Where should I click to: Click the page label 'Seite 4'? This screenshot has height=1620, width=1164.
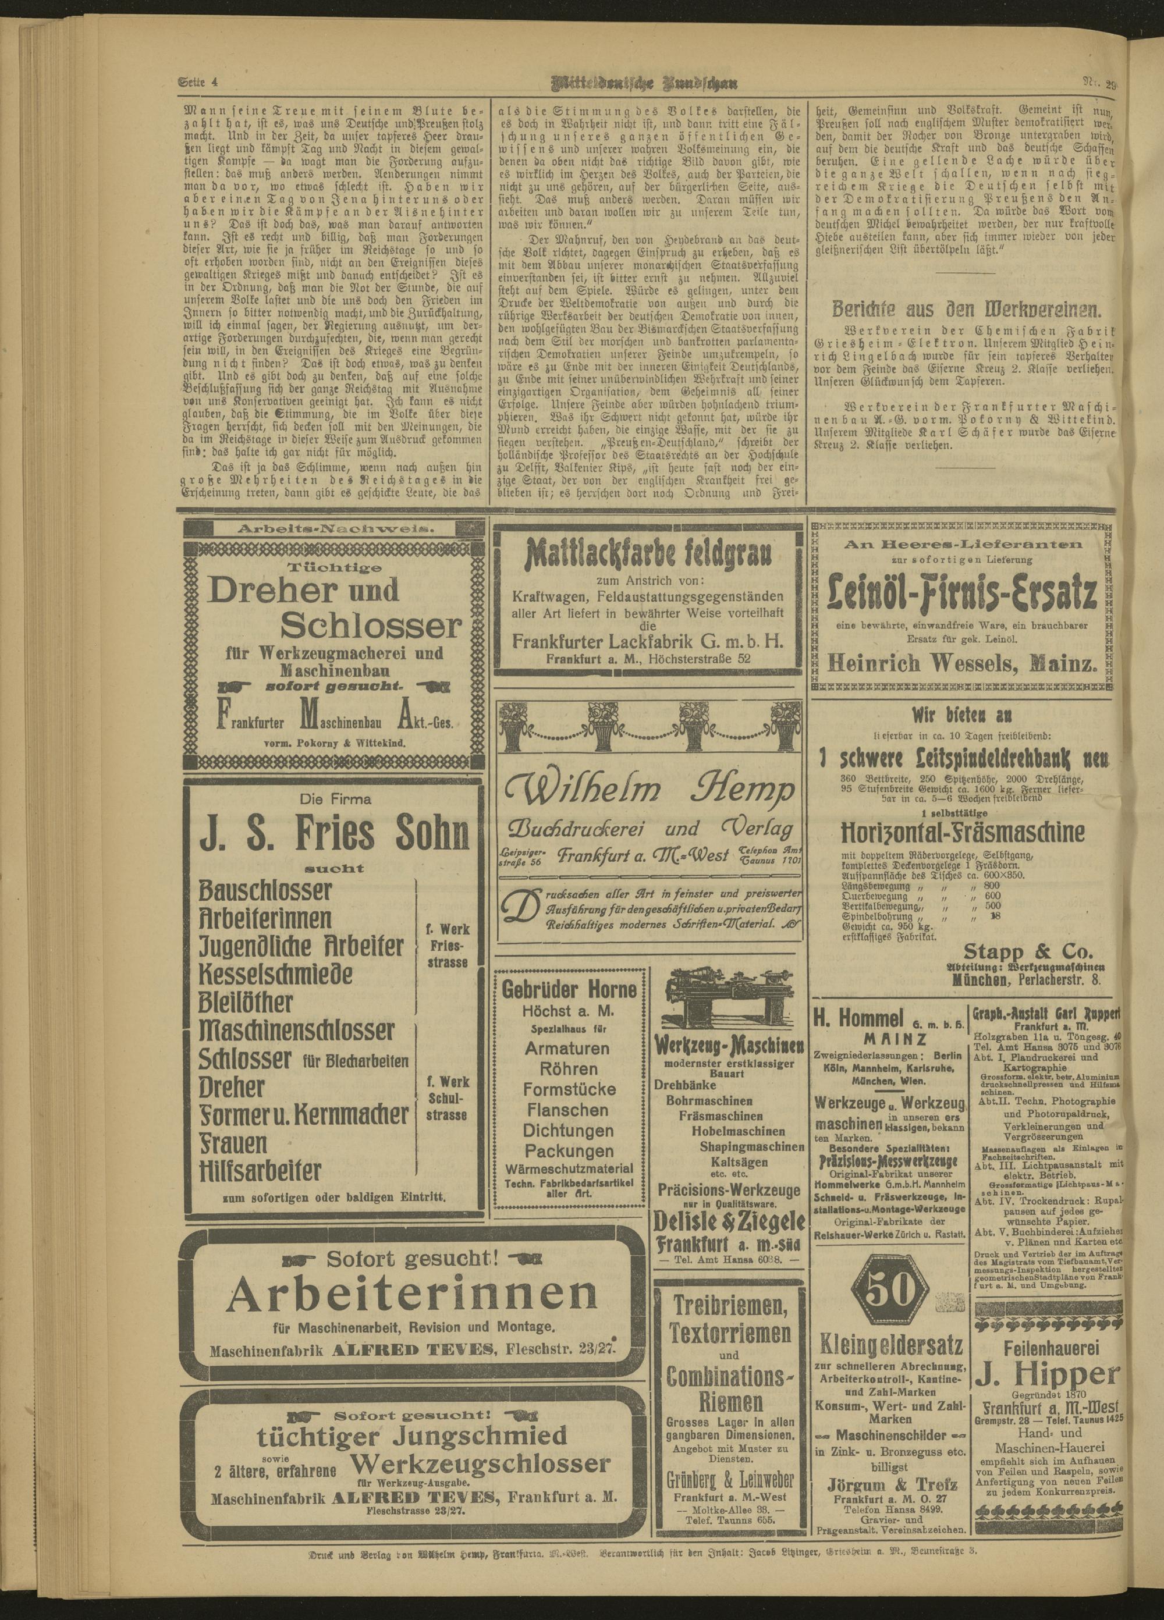pos(197,81)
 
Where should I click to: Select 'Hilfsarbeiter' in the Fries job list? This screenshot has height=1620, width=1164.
pos(261,1170)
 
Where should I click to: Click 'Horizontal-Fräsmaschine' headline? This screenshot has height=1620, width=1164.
pos(963,832)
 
